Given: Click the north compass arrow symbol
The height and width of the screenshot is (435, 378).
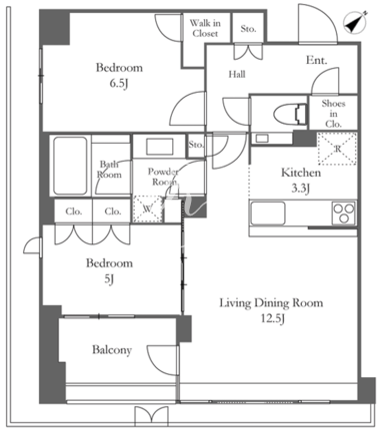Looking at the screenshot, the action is [355, 22].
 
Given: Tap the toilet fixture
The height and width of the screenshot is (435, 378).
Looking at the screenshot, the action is [290, 115].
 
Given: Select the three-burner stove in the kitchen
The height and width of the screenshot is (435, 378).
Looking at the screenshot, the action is [344, 214].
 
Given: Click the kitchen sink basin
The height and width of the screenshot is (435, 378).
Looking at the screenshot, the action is [268, 214].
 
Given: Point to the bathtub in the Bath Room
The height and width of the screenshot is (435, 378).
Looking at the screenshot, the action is [70, 166].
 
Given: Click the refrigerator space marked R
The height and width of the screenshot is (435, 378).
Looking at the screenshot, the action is [337, 149].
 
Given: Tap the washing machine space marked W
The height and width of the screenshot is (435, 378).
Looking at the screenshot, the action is [148, 209].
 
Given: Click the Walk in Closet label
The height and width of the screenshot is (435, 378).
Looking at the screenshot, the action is [205, 28].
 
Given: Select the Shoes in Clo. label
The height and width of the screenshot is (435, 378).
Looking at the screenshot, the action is [333, 114].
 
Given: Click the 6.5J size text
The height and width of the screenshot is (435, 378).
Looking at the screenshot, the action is [119, 84].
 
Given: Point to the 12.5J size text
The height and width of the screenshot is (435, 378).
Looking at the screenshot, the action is [272, 319].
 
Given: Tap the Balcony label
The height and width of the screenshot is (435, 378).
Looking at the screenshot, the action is [112, 350].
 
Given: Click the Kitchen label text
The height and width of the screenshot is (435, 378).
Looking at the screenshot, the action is [301, 173].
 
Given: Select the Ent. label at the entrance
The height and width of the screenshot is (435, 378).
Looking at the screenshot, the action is [317, 60].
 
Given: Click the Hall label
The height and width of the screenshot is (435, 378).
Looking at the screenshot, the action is [237, 74].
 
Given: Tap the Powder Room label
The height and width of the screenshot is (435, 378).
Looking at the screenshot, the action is [163, 177].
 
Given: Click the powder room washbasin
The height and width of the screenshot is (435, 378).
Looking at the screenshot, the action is [160, 147].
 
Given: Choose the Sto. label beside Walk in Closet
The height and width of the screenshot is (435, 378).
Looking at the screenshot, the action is [248, 29].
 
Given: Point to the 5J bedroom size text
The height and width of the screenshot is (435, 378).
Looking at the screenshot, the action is [109, 279].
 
